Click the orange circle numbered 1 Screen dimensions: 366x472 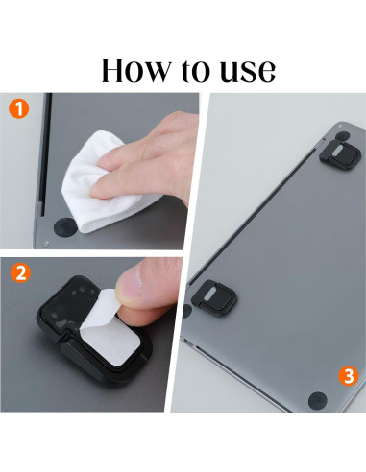(18, 108)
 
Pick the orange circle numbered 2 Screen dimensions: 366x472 (20, 272)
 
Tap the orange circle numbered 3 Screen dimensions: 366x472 (349, 376)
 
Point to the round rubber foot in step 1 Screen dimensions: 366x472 (65, 227)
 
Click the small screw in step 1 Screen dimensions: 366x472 (46, 244)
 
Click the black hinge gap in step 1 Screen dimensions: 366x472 (45, 151)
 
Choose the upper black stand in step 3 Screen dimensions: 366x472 (340, 154)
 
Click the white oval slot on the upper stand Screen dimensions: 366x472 (338, 152)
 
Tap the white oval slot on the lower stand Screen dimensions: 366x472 (211, 294)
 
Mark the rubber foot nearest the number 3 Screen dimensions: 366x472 (317, 401)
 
